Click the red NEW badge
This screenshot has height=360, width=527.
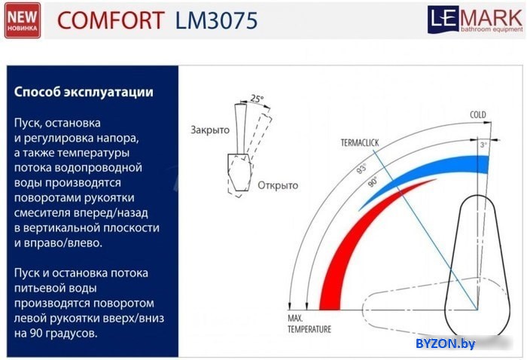click(x=22, y=20)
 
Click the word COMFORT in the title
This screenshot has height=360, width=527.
click(x=110, y=20)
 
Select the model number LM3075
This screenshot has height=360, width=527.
click(x=216, y=20)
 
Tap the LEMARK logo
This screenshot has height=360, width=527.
click(x=474, y=20)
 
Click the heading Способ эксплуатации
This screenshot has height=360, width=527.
click(x=84, y=93)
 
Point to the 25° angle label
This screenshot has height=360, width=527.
click(x=257, y=99)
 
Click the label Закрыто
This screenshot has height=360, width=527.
click(x=210, y=130)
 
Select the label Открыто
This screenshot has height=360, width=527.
click(x=278, y=185)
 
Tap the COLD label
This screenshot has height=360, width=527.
click(x=478, y=115)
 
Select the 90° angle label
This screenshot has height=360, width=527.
click(x=372, y=183)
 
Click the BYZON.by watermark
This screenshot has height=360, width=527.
click(x=467, y=343)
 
